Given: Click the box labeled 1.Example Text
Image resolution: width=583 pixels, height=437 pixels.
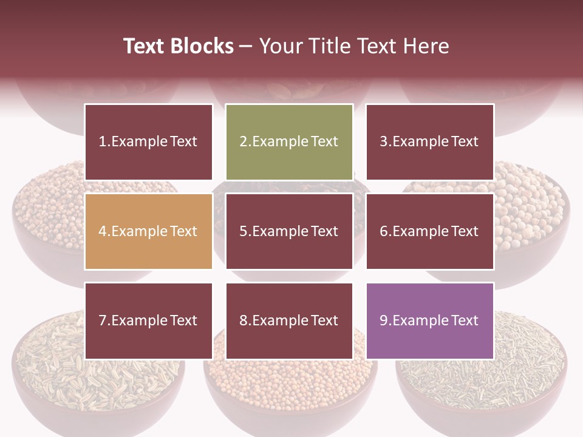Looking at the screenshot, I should click(x=148, y=142).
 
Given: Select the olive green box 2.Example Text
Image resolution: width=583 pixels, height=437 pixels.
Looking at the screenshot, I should click(x=289, y=142).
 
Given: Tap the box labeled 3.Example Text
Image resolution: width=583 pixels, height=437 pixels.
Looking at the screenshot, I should click(x=429, y=142).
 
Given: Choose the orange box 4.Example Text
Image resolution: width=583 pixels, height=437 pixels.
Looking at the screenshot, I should click(x=148, y=231).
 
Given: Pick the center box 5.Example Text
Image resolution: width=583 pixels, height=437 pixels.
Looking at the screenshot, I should click(x=289, y=231).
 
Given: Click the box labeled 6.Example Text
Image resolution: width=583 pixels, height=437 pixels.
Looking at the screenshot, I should click(x=429, y=231).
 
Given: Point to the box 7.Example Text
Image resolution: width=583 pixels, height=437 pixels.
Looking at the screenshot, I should click(x=148, y=320).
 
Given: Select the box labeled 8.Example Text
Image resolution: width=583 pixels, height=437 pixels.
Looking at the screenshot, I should click(x=289, y=320).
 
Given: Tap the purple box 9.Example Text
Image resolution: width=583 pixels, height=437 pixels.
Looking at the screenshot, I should click(x=429, y=320).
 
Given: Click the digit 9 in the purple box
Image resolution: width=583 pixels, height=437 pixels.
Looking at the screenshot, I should click(x=384, y=320).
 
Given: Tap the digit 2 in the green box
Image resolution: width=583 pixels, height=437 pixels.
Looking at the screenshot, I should click(x=244, y=142).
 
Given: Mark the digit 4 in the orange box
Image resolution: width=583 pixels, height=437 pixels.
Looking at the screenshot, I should click(x=103, y=231).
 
